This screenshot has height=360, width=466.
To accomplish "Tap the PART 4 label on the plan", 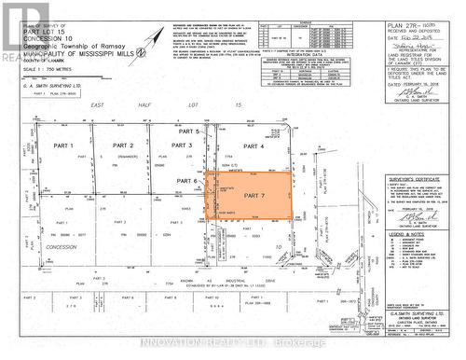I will click(x=254, y=146).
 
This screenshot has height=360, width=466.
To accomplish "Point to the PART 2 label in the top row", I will click(x=124, y=146).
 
